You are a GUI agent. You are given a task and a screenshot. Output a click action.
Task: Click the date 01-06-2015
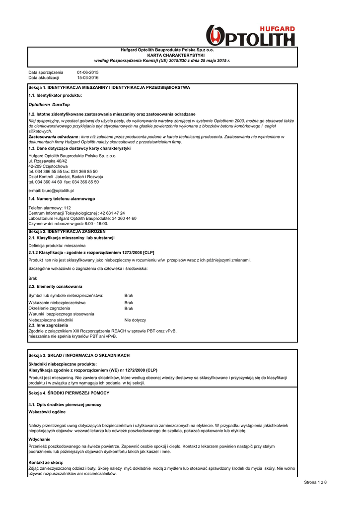point(88,72)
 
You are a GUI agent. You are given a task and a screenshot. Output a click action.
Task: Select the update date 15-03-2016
point(88,78)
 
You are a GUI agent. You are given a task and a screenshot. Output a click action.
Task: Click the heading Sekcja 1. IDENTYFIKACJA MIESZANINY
point(109,87)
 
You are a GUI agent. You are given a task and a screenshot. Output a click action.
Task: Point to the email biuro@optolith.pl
point(51,190)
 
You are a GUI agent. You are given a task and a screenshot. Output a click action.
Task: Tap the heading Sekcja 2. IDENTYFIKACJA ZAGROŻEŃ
point(67,232)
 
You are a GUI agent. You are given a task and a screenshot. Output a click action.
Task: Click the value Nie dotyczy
point(135,320)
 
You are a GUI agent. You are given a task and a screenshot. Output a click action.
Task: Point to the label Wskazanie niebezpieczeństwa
point(57,302)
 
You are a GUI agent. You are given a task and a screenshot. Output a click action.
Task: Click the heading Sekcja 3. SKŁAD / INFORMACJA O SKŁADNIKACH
point(79,356)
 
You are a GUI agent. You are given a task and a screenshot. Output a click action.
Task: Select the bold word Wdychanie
point(39,439)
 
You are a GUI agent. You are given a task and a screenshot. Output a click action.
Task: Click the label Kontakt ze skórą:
point(46,462)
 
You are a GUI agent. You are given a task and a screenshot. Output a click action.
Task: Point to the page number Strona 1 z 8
point(315,482)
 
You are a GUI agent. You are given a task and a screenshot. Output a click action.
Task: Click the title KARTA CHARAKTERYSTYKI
point(180,55)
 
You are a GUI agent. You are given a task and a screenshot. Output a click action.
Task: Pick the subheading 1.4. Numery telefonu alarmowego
point(62,198)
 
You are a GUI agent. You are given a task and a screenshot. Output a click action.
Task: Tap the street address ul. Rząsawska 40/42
point(48,161)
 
